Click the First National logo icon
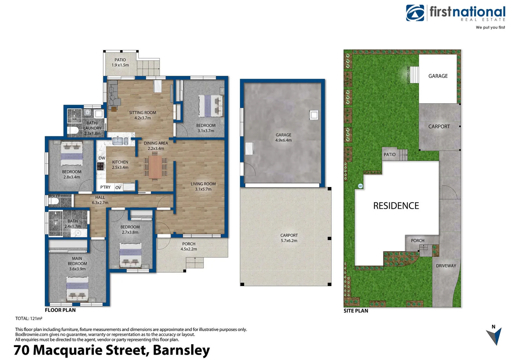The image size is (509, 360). click(x=415, y=13)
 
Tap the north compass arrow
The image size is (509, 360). click(x=495, y=336)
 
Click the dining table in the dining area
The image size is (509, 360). click(x=155, y=167)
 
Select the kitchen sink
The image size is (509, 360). click(x=120, y=141)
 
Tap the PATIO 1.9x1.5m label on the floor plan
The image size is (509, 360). click(x=120, y=62)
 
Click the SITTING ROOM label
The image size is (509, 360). click(x=143, y=113)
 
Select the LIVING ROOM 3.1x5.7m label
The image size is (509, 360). click(x=203, y=186)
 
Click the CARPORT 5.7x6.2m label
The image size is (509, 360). click(x=289, y=238)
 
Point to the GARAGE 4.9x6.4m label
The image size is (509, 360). click(x=283, y=137)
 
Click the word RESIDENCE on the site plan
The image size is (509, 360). click(x=396, y=206)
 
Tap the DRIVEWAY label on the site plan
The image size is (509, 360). click(x=446, y=266)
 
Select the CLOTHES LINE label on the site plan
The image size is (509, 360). click(x=408, y=75)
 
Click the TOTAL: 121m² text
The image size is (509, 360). click(x=29, y=318)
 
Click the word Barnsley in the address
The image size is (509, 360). click(x=181, y=350)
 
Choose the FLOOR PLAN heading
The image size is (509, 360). click(x=60, y=310)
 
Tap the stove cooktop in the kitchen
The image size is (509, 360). click(x=101, y=166)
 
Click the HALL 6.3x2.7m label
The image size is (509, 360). click(x=100, y=200)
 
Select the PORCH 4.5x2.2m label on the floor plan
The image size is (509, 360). click(x=189, y=246)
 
